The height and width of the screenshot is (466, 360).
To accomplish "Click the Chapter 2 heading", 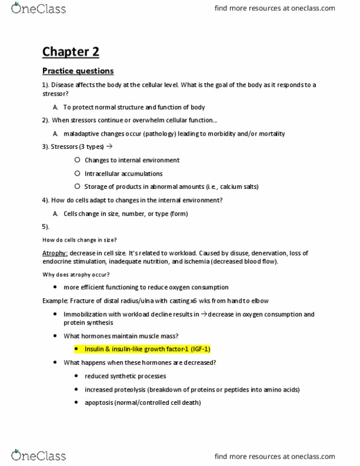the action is point(70,51).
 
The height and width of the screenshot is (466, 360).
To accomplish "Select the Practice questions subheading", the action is point(77,71).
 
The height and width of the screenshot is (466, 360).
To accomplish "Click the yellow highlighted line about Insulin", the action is point(147,349).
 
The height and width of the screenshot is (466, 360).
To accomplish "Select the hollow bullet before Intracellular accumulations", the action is point(77,174).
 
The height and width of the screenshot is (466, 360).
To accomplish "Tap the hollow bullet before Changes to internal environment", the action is point(77,160).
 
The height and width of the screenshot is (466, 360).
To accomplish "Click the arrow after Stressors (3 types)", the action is point(109,147).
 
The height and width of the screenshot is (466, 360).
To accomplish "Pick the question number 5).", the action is point(46,226).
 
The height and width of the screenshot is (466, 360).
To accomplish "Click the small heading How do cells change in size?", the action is point(79,240).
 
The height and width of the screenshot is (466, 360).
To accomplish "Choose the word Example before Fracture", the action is point(56,301).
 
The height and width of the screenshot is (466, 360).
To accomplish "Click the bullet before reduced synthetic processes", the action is point(77,376).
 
